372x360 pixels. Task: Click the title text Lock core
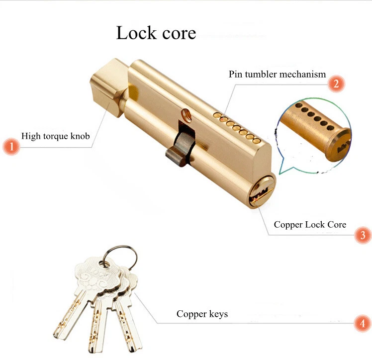(156, 33)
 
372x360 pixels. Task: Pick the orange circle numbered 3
(362, 234)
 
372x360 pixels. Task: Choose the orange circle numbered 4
(362, 324)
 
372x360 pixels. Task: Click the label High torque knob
(56, 136)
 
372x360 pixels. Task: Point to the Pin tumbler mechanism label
(277, 75)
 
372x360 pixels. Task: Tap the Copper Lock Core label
(310, 224)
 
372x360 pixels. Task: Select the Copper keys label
(202, 314)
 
